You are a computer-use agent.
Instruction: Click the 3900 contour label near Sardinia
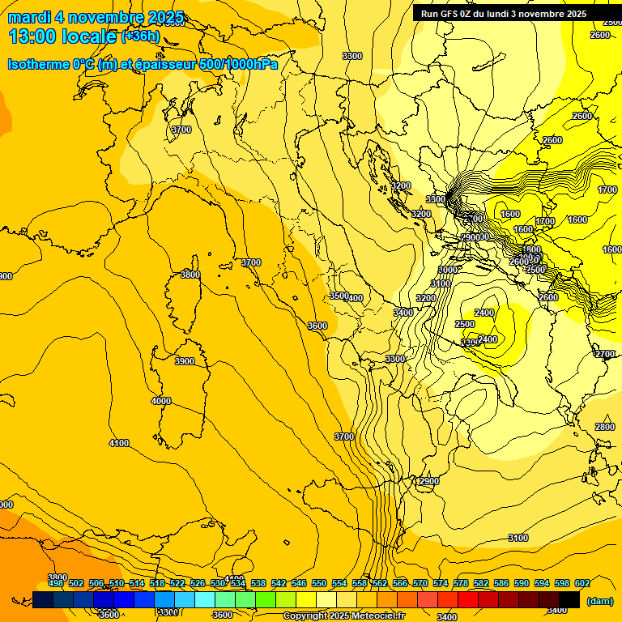(x=185, y=361)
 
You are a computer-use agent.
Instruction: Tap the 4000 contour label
(x=161, y=401)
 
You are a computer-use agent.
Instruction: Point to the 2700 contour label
(x=605, y=354)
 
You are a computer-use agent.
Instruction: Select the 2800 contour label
(x=605, y=427)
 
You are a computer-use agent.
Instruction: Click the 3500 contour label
(x=338, y=296)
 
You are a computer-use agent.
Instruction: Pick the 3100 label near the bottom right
(x=518, y=538)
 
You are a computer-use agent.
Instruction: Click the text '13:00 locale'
(x=62, y=36)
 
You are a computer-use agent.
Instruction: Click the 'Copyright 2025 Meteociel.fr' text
(x=343, y=616)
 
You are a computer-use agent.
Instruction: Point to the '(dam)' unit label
(x=599, y=600)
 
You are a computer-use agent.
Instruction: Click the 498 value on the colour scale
(x=56, y=583)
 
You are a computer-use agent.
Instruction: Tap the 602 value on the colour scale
(x=582, y=583)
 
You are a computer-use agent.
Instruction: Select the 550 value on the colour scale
(x=319, y=583)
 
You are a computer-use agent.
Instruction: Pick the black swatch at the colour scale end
(x=569, y=599)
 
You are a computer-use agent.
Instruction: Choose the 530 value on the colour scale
(x=218, y=583)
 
